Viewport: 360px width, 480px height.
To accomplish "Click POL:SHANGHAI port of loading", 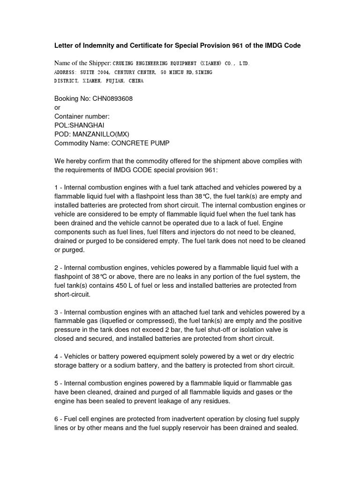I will [x=80, y=125].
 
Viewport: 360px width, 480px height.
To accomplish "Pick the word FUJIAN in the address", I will [x=115, y=81].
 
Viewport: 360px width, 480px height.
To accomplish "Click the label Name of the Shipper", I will [x=82, y=63].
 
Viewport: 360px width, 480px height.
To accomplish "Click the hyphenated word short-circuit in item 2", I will [x=73, y=295].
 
